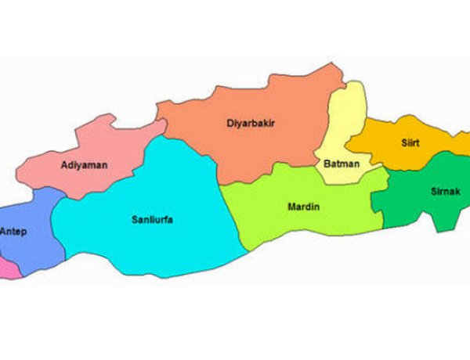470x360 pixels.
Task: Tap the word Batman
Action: pyautogui.click(x=341, y=164)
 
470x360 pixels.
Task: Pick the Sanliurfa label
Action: pyautogui.click(x=152, y=219)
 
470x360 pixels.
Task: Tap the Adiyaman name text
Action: pyautogui.click(x=84, y=165)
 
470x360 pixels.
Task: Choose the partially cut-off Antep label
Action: pyautogui.click(x=13, y=232)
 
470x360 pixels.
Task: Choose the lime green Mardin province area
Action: pyautogui.click(x=313, y=223)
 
